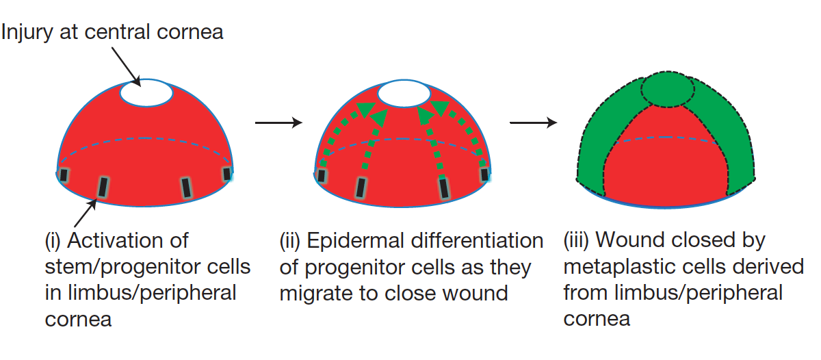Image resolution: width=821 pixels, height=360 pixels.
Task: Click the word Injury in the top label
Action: pyautogui.click(x=27, y=32)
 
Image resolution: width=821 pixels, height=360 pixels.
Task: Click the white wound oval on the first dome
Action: pyautogui.click(x=146, y=93)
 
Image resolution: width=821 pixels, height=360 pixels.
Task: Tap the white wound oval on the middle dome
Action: pyautogui.click(x=404, y=94)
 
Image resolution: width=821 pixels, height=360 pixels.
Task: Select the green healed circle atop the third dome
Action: pyautogui.click(x=668, y=89)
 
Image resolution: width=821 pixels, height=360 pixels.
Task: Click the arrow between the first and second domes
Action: pyautogui.click(x=278, y=123)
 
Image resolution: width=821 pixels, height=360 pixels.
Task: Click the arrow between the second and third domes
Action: pyautogui.click(x=533, y=123)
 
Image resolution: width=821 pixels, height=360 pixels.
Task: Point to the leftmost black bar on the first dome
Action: pyautogui.click(x=64, y=175)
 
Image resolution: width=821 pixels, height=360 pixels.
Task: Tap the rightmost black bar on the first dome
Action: pyautogui.click(x=227, y=174)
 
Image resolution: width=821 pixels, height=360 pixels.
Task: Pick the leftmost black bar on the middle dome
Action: pyautogui.click(x=322, y=176)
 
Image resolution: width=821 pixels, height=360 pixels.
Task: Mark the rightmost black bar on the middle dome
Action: pyautogui.click(x=484, y=175)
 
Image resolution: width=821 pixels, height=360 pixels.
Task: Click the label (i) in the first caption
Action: pyautogui.click(x=53, y=241)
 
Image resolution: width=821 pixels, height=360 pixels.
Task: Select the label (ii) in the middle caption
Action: pyautogui.click(x=290, y=241)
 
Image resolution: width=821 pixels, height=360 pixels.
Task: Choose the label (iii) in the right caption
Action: pyautogui.click(x=576, y=240)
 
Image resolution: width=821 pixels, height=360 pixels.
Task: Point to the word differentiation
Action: pyautogui.click(x=478, y=240)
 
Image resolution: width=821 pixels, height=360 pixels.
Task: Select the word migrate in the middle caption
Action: pyautogui.click(x=316, y=294)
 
